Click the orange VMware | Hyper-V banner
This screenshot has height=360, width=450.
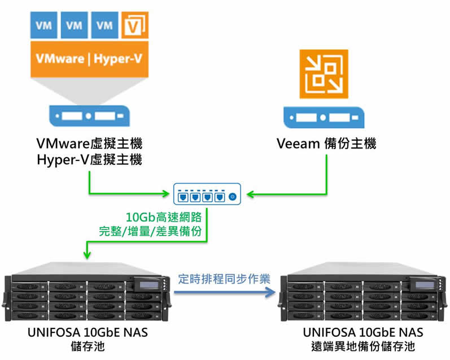point(90,58)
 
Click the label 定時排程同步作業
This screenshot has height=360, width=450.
point(224,279)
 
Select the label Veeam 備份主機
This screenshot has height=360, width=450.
point(326,144)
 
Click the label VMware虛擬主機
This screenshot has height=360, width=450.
point(89,144)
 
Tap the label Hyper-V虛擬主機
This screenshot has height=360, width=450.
point(89,159)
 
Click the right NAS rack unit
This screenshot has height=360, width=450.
point(362,294)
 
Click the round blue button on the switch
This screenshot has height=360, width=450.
point(232,197)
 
